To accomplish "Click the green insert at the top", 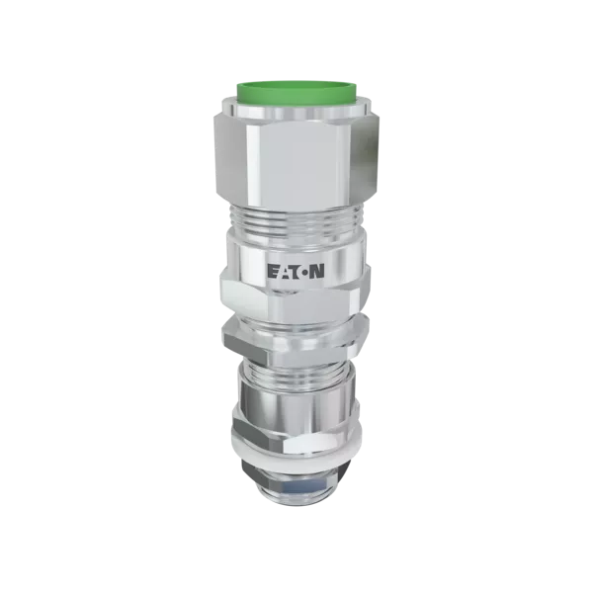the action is (296, 91).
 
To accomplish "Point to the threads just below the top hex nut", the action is (296, 218).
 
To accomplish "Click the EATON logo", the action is (296, 272).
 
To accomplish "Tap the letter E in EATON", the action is (273, 272).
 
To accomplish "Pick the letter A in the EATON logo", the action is (284, 272).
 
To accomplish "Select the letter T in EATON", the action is (294, 272).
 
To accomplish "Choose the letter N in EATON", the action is (317, 272).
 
